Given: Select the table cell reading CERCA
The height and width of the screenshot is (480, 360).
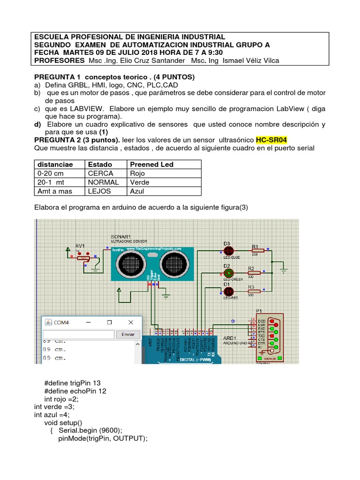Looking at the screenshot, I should coord(100,173).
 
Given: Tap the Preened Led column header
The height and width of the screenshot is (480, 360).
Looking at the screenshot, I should coord(151,165).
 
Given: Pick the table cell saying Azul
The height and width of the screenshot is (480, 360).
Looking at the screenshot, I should coord(137,191).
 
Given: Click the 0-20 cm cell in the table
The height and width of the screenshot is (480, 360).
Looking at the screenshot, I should coord(51,173).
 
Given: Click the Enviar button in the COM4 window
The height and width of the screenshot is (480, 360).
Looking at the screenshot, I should coord(128,334).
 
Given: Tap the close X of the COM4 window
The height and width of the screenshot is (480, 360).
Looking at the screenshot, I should coord(131,322).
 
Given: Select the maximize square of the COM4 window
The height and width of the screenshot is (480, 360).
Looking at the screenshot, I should coord(109,322).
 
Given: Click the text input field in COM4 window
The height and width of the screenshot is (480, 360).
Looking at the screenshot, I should coord(78,334).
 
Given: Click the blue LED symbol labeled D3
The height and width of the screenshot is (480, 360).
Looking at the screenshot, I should coord(228,251).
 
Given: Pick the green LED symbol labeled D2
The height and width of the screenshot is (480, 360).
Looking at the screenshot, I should coord(228,272).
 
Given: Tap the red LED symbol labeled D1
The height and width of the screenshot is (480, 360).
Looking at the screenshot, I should coord(228,291).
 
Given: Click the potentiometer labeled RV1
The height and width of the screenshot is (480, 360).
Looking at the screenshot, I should coord(84,257).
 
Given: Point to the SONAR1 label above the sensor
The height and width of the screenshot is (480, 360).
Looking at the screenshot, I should coord(120,236).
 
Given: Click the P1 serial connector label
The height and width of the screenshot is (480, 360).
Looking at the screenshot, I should coord(259,310).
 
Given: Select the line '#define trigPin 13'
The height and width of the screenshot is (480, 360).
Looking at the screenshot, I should coord(72,383).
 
